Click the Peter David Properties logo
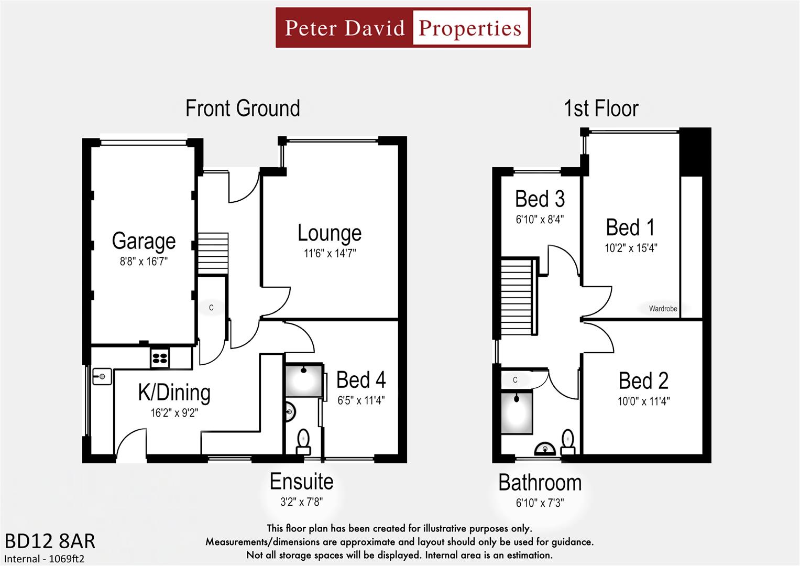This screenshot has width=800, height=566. pos(403,28)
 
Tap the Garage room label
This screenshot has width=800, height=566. pos(144,241)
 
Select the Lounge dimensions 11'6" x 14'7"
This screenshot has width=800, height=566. pos(330,254)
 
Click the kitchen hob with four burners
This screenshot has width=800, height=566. pos(160,358)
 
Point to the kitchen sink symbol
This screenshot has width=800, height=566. pos(102,376)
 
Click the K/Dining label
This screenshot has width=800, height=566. pos(174,393)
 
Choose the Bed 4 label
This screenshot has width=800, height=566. pos(361,380)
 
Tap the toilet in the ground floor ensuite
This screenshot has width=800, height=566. pos(303,441)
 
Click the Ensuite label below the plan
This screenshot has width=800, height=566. pos(301,482)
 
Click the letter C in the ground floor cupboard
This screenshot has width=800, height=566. pos(211,308)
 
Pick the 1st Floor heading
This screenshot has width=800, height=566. pos(601,109)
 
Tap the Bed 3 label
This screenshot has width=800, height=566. pos(540,199)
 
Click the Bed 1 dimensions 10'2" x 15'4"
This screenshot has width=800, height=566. pos(631,248)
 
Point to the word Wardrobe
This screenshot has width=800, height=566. pos(663,309)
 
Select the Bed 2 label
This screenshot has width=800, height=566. pos(643,381)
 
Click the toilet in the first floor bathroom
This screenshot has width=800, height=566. pos(567,442)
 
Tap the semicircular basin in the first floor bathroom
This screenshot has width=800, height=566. pos(545,449)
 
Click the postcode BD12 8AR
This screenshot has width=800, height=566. pos(50,541)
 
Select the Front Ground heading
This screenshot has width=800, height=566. pos(243,108)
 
